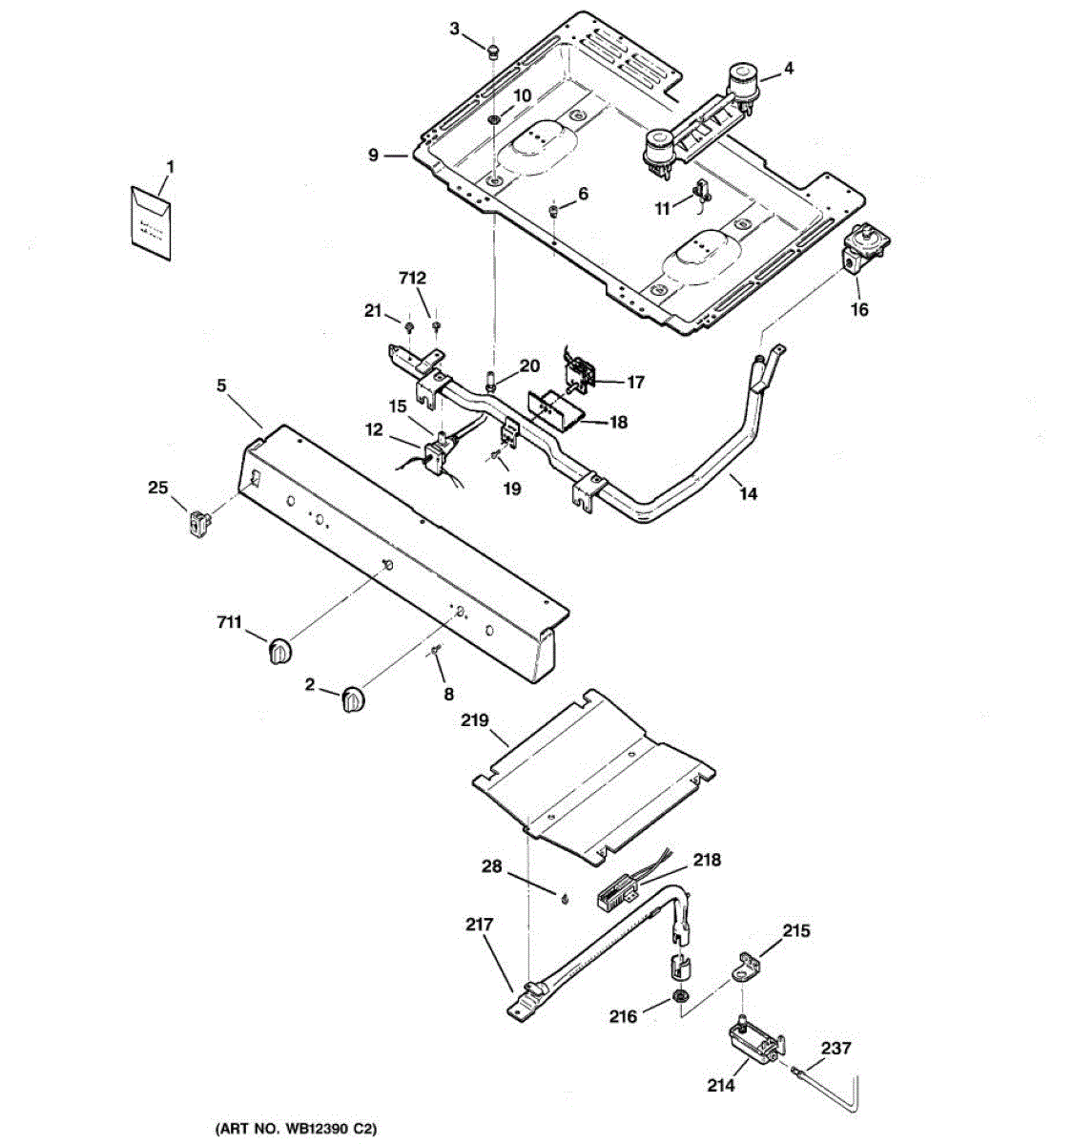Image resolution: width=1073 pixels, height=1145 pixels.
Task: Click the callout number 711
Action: tap(229, 623)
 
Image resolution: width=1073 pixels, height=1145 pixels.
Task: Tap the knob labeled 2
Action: tap(352, 699)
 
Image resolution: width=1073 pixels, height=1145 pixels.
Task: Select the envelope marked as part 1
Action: tap(151, 223)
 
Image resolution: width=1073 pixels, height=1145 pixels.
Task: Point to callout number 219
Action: tap(475, 720)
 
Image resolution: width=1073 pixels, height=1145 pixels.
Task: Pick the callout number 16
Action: tap(859, 309)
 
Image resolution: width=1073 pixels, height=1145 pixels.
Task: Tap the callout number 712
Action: tap(412, 279)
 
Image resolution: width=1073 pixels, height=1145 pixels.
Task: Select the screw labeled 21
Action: tap(410, 328)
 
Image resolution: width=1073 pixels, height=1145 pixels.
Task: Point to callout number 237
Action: tap(836, 1048)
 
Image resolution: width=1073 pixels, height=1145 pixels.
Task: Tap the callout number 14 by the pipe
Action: tap(748, 493)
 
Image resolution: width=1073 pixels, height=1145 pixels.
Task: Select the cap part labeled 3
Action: tap(492, 51)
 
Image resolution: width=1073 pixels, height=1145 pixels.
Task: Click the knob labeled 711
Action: tap(279, 652)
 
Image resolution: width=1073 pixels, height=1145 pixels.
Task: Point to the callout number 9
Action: tap(374, 156)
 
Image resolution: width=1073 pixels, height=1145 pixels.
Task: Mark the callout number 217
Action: tap(480, 925)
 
